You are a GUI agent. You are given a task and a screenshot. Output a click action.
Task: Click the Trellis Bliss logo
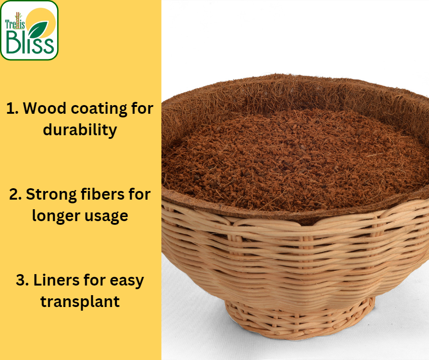(29, 31)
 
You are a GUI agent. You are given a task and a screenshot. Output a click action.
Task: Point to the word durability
(80, 130)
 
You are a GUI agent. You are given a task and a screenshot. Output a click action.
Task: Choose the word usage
(105, 215)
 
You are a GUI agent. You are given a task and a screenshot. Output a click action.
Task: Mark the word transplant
(80, 301)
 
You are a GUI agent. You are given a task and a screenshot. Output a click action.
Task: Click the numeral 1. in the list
(12, 109)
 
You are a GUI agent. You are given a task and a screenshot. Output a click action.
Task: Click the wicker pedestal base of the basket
(299, 320)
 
